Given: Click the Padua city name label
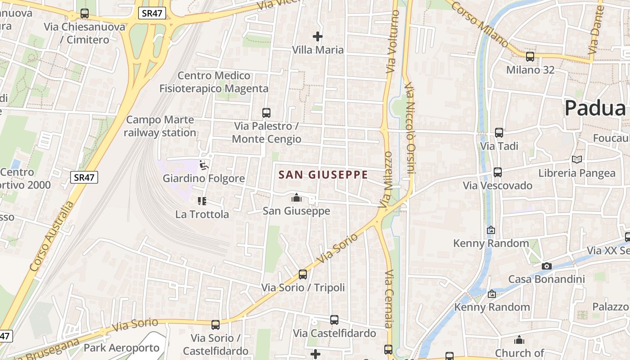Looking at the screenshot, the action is pos(595,108).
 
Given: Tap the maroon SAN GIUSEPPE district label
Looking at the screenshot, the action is pos(323,175).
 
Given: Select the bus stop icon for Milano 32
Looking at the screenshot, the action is pos(530,57).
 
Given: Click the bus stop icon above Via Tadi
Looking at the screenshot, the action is pos(499,133).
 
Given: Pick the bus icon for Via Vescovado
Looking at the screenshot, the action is pos(498,172).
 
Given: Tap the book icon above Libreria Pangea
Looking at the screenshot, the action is pos(577,159).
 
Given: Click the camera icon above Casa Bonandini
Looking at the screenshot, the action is pos(547,266).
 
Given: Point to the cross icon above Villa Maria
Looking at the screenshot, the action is pos(318,36).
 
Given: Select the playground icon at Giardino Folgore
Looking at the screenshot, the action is pos(204,165).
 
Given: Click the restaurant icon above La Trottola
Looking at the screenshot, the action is pos(202,201).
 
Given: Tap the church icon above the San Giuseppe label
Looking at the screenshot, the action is pos(297,198).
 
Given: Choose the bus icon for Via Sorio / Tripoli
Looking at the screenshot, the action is pos(303,274).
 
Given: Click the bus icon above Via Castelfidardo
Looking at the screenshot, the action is pos(334,320).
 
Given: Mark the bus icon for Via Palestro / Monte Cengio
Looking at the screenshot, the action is pos(266,112).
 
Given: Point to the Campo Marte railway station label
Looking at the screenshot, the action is pos(160,126).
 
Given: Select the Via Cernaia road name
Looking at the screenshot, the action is pos(388,298).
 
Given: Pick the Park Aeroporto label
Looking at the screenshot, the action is pos(121,348).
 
